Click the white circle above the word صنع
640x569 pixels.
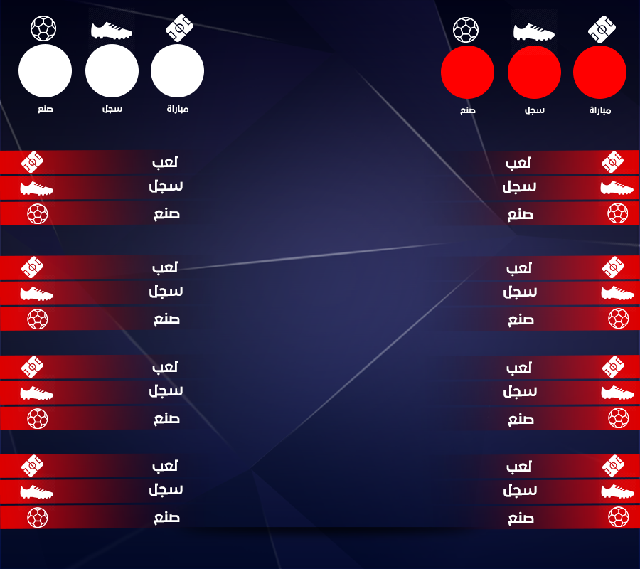click(46, 70)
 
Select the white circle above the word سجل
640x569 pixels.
click(112, 70)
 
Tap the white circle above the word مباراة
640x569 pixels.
click(178, 70)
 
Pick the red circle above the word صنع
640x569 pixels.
click(468, 73)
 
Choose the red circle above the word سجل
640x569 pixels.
click(534, 73)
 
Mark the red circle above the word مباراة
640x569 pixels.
click(600, 73)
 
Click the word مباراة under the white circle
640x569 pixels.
click(178, 109)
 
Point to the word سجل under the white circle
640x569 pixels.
click(112, 109)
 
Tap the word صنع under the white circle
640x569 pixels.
click(46, 109)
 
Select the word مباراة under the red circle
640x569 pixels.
click(600, 110)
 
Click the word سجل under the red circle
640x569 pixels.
click(535, 110)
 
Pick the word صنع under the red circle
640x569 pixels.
click(468, 110)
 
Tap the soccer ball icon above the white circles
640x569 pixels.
click(43, 28)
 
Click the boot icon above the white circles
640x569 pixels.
click(112, 31)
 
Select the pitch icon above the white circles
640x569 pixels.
click(179, 28)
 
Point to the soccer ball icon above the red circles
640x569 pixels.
click(466, 30)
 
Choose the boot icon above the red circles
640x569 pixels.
click(534, 32)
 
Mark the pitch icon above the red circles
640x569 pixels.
click(602, 29)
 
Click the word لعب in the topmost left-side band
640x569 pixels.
click(165, 162)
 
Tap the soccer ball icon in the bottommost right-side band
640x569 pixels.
click(619, 517)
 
